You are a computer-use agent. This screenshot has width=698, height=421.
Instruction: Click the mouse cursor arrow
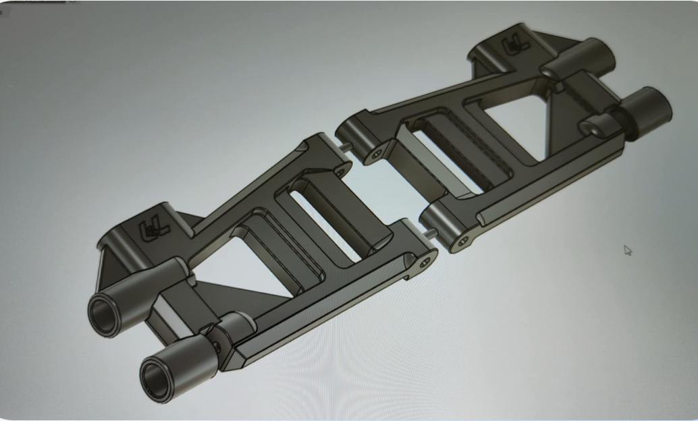(x=627, y=250)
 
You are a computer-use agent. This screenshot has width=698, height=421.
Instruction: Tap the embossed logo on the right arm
(x=514, y=47)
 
